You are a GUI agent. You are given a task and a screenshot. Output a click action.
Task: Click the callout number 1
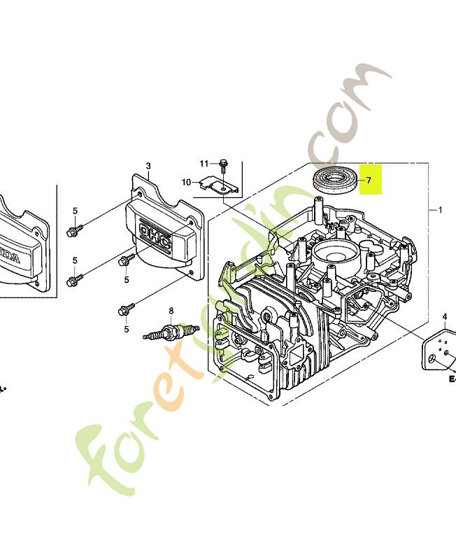pos(439,209)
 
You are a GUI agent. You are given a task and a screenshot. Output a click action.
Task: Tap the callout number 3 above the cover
pos(148,166)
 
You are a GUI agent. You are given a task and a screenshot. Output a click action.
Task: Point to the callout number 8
pos(170,311)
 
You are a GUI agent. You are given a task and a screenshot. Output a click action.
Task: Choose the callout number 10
pos(186,183)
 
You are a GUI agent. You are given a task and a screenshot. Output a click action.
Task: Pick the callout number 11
pos(204,164)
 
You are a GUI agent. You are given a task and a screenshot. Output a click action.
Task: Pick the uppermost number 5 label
pos(75,211)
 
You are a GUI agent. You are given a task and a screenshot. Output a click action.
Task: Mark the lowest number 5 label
pos(127,329)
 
